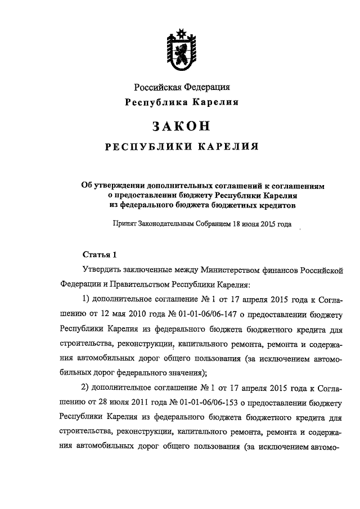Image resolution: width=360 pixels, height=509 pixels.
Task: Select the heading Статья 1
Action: tap(99, 254)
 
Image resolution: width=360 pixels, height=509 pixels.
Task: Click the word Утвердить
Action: tap(102, 271)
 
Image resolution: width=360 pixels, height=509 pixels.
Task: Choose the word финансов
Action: tap(289, 271)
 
